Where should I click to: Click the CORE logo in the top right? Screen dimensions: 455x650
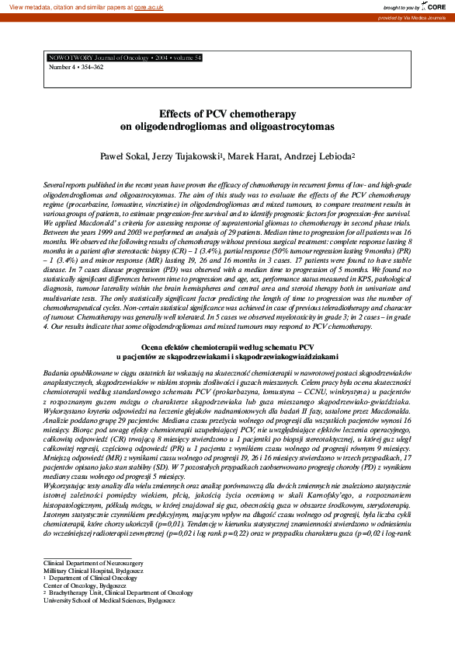point(437,6)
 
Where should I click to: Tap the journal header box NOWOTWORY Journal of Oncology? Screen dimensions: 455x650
point(125,58)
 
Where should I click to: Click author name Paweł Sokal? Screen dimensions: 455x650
point(123,156)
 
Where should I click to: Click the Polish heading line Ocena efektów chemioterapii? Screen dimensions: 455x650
point(227,347)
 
